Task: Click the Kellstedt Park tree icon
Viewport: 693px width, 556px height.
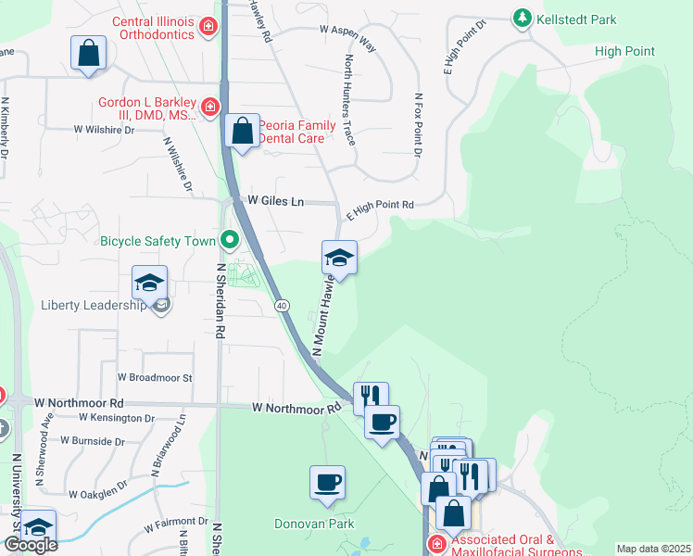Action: click(523, 19)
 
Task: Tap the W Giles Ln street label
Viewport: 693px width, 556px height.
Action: click(275, 201)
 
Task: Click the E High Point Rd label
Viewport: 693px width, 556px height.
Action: click(379, 209)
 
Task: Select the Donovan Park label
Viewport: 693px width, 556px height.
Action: click(314, 524)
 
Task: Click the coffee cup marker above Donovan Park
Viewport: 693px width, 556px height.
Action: click(327, 483)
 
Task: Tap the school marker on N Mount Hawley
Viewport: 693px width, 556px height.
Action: click(339, 259)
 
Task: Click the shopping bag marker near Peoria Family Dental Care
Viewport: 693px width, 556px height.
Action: click(243, 132)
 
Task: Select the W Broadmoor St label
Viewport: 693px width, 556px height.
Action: click(155, 378)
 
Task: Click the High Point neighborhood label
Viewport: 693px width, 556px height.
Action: click(624, 52)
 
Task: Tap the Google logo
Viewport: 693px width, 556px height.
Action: click(31, 545)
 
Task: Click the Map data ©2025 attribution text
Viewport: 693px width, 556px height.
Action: click(653, 549)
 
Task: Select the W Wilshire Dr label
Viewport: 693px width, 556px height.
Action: click(104, 130)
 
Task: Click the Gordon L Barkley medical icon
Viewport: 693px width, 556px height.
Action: click(210, 107)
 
